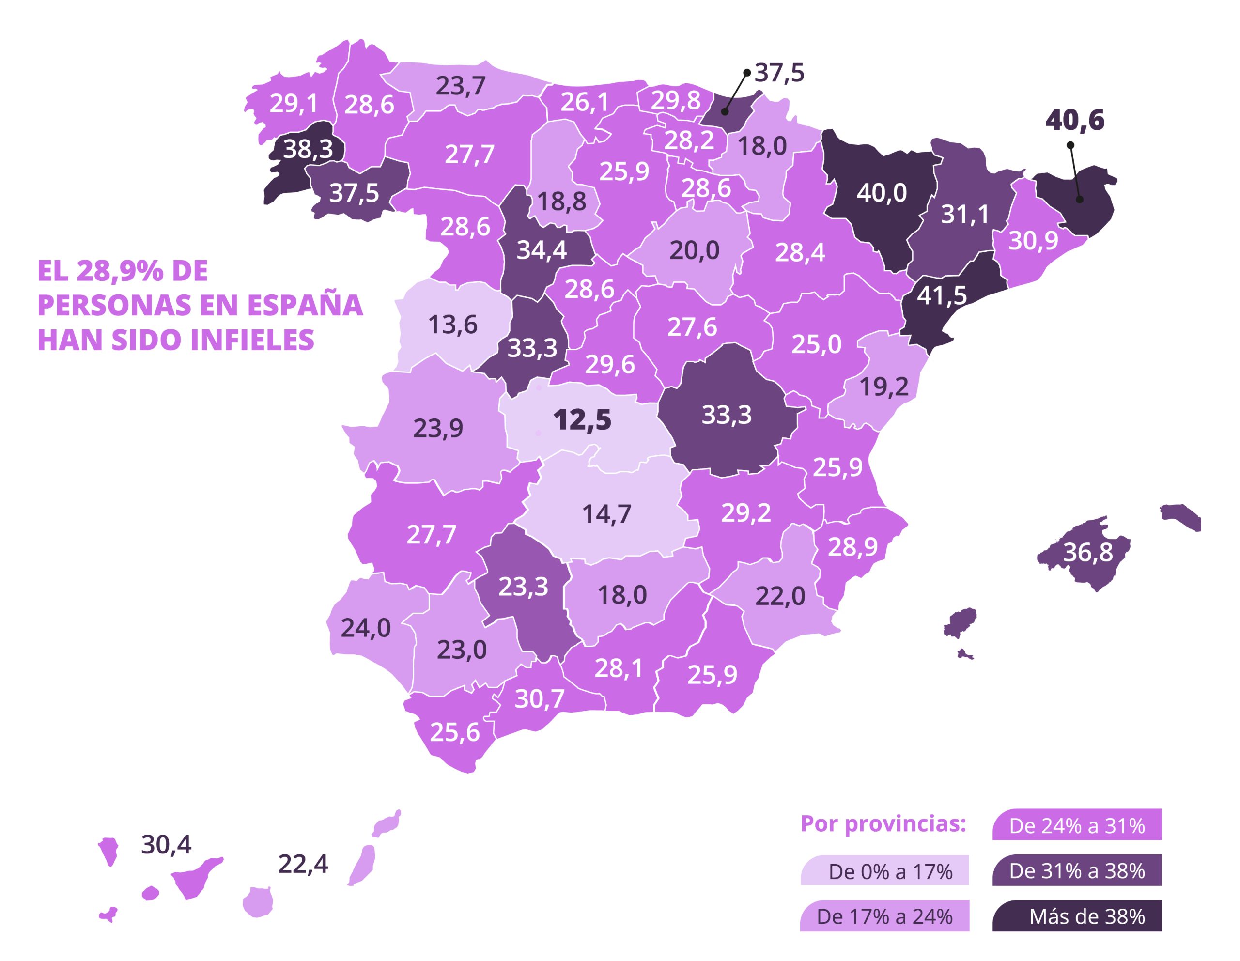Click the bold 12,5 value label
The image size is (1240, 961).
pos(582,420)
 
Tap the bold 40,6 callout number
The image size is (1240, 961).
pos(1075,120)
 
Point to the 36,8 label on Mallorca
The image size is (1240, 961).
pos(1087,552)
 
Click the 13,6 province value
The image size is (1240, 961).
pos(452,325)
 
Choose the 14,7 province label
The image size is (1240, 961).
pos(606,514)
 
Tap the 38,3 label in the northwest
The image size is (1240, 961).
pos(308,149)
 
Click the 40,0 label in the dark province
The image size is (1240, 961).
pos(882,193)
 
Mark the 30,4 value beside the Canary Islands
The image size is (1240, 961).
pos(166,845)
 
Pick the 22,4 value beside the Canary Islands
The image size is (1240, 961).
pos(303,864)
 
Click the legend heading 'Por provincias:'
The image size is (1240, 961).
pos(883,823)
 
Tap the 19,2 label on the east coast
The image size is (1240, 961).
pos(883,387)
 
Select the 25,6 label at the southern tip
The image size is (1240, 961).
pos(454,732)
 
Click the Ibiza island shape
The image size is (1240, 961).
pos(960,623)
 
